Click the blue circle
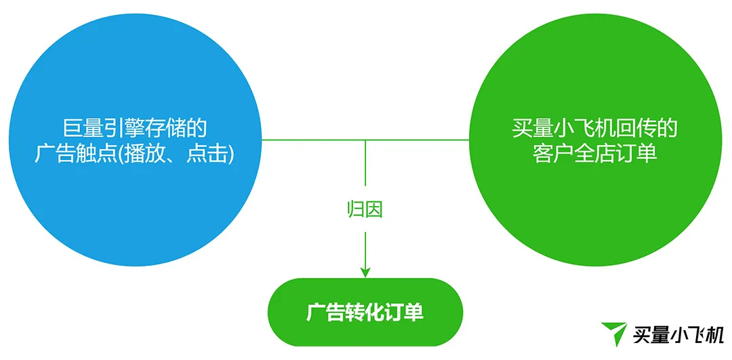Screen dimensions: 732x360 click(x=135, y=140)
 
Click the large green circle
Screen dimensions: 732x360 click(x=596, y=140)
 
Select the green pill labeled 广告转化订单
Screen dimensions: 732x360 click(x=365, y=313)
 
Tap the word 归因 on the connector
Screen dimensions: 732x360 click(x=365, y=209)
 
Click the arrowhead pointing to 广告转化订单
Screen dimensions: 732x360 click(x=365, y=272)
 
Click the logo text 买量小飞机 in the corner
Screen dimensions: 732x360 click(x=678, y=335)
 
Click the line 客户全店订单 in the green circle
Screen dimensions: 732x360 click(x=595, y=155)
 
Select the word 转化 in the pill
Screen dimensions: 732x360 click(x=365, y=313)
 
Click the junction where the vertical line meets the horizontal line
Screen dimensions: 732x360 click(x=365, y=139)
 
